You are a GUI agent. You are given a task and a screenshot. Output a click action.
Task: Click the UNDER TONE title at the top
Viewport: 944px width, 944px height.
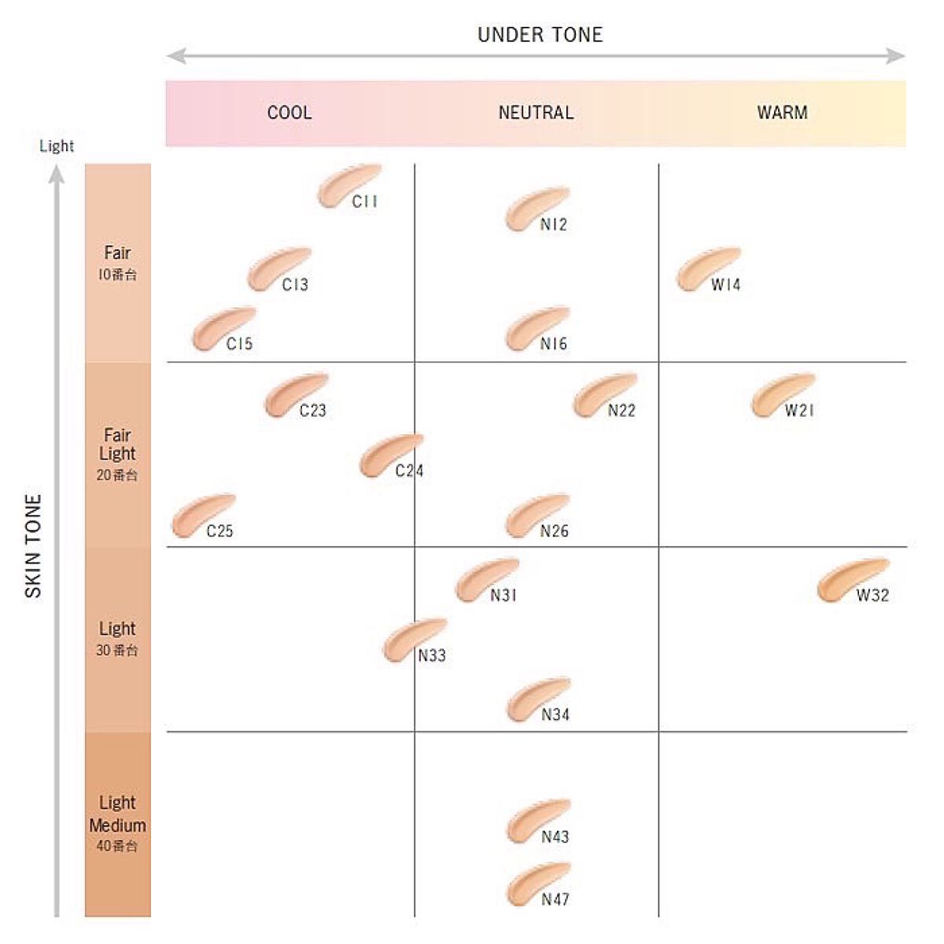pos(540,35)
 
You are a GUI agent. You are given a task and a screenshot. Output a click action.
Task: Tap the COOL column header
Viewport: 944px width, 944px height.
pos(289,112)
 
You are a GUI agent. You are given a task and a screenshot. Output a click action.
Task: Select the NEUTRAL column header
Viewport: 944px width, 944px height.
pos(536,112)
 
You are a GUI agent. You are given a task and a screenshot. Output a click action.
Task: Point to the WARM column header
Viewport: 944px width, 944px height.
pos(782,112)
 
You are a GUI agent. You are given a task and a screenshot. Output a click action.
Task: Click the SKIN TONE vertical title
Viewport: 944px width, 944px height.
pos(33,545)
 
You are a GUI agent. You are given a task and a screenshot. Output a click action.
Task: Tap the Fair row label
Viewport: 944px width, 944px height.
pos(117,253)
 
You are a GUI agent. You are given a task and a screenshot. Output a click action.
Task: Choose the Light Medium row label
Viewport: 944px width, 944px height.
pos(117,814)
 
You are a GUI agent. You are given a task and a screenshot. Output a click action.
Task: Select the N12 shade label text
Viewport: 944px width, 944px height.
pos(554,225)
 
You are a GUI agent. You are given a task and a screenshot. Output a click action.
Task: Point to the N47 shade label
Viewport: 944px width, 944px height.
pos(555,899)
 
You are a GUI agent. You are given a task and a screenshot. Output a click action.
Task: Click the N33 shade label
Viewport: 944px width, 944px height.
pos(432,656)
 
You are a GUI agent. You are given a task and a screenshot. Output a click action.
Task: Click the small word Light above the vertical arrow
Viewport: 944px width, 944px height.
pos(57,146)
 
